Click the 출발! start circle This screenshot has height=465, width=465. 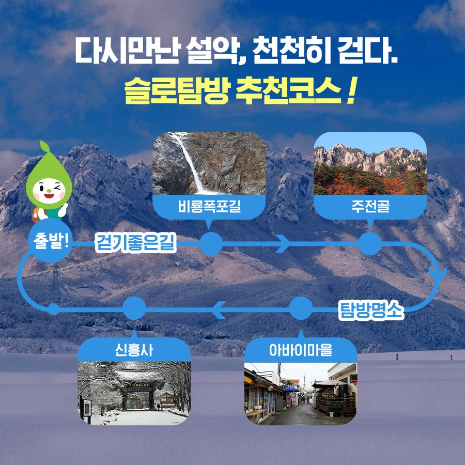[x=50, y=241]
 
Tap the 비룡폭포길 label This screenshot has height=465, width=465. [x=209, y=206]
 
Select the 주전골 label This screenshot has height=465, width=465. [x=370, y=206]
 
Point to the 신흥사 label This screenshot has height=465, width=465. [x=134, y=350]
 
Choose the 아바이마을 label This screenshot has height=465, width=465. [x=301, y=350]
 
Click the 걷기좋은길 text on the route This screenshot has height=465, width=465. [x=136, y=243]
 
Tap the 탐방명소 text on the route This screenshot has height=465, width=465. [x=371, y=311]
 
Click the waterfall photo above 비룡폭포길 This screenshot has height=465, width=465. [x=209, y=163]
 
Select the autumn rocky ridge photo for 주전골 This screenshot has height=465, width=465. [x=370, y=163]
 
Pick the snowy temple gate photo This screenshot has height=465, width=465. [x=134, y=393]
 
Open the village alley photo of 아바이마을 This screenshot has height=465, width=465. [x=301, y=393]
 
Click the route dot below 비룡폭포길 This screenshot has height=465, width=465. [x=211, y=244]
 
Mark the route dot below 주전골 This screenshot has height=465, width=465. [x=370, y=244]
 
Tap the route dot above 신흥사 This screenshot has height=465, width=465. [x=134, y=308]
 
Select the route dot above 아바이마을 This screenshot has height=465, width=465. [x=301, y=308]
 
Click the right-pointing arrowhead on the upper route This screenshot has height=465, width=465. [x=283, y=243]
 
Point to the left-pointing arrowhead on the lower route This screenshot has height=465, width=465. [x=219, y=310]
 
